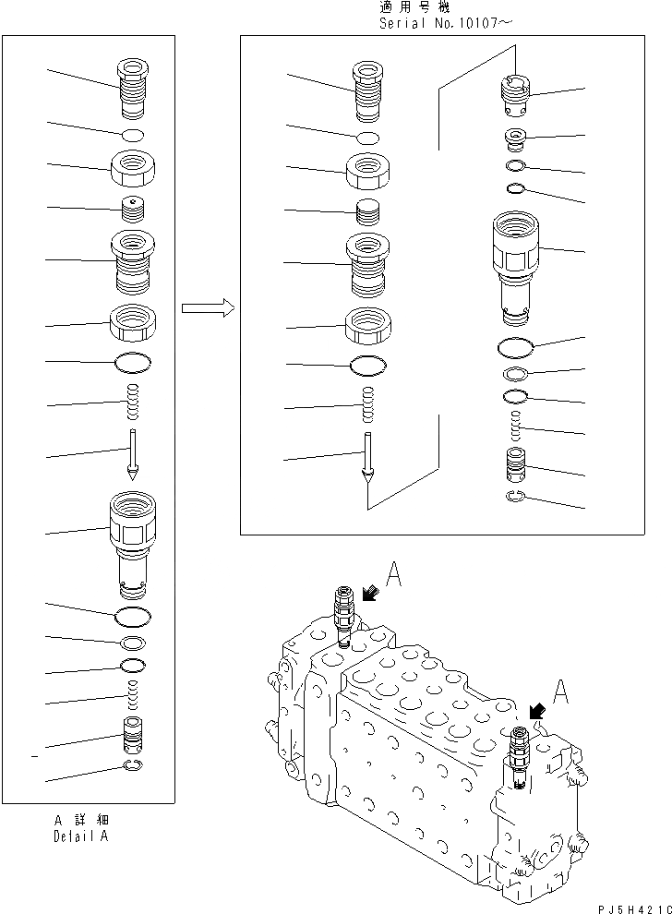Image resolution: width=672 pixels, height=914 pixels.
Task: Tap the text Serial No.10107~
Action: click(x=444, y=23)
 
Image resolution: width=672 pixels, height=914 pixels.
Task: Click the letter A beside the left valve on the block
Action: click(x=393, y=577)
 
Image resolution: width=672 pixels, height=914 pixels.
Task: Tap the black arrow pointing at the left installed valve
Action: click(x=371, y=594)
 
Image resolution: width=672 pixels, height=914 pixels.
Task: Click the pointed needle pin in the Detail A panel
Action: click(x=133, y=455)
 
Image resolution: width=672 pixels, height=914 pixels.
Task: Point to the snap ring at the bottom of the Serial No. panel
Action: click(x=517, y=499)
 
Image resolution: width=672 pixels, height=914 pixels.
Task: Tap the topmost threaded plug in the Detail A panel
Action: click(x=131, y=86)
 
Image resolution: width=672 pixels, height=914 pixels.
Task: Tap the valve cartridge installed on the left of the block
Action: click(x=342, y=615)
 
